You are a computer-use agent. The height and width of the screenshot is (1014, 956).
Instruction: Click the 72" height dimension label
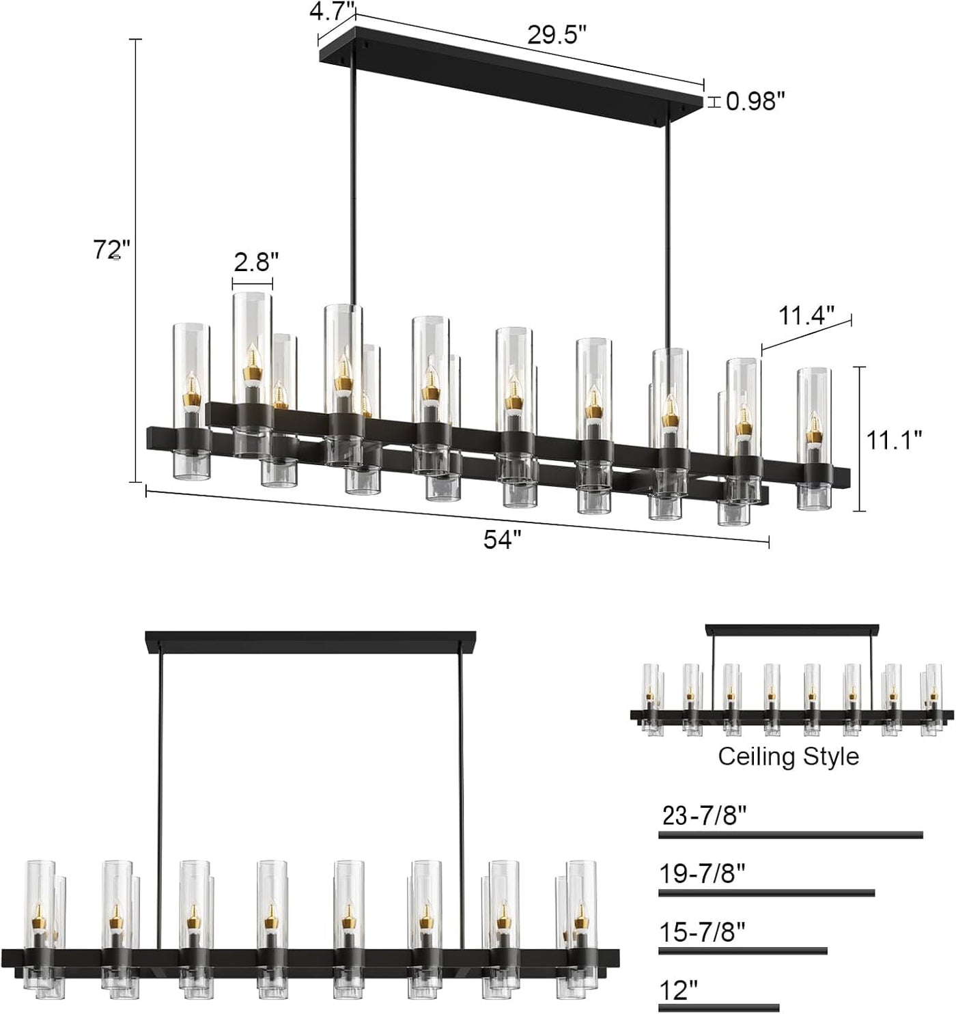(111, 251)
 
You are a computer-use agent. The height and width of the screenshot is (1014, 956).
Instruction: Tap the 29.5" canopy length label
(557, 35)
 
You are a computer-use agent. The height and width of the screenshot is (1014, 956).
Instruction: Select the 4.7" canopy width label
(333, 12)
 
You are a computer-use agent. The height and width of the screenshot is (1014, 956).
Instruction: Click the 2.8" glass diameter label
(256, 262)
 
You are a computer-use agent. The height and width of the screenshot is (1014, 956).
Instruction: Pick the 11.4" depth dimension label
(806, 315)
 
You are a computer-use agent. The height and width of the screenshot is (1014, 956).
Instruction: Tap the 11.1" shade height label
(894, 440)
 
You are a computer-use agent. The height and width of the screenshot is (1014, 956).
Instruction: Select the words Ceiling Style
(788, 757)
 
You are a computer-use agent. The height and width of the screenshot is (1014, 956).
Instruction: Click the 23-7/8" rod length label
(704, 815)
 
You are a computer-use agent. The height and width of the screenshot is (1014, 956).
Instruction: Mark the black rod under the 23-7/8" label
(790, 834)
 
